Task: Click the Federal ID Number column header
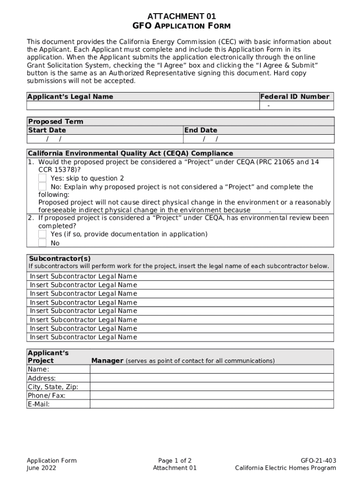click(x=295, y=97)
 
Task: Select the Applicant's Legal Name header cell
click(x=70, y=97)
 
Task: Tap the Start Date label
click(x=47, y=130)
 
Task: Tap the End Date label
click(x=201, y=130)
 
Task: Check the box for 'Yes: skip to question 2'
click(x=43, y=178)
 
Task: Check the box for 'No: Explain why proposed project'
click(x=43, y=187)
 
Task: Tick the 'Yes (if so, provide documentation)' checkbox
click(x=43, y=234)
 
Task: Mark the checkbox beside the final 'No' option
click(x=43, y=243)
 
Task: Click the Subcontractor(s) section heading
click(x=60, y=259)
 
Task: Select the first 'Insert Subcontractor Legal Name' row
click(x=84, y=276)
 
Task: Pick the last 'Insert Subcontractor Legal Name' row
click(x=84, y=337)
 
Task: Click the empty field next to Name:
click(x=212, y=370)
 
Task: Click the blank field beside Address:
click(x=212, y=378)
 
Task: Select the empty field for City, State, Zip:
click(x=212, y=387)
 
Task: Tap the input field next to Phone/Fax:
click(x=212, y=395)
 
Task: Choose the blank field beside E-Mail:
click(x=212, y=404)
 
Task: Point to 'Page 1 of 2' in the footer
click(x=175, y=460)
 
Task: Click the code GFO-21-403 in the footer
click(x=318, y=460)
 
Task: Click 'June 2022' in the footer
click(x=42, y=468)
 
